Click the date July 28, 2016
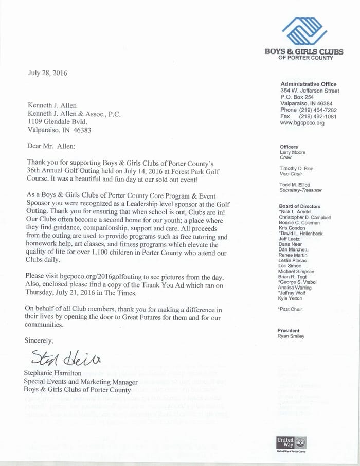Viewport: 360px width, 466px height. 48,73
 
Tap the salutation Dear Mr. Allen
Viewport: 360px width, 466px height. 51,146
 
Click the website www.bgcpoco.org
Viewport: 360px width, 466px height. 302,123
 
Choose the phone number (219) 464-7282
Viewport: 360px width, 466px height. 319,110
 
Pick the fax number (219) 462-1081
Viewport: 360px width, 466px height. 319,117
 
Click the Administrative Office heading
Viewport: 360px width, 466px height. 309,84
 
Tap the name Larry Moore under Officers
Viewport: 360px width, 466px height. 292,153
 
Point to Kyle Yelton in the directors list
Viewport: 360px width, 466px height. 292,298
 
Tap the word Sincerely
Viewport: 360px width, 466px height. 39,340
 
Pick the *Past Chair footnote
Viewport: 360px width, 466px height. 291,310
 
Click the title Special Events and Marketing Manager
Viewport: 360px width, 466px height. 81,382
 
